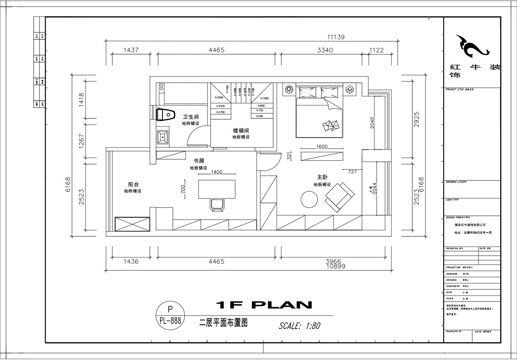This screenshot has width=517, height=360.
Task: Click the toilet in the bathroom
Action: tap(166, 115)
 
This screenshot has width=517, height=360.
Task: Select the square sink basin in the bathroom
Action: tap(163, 137)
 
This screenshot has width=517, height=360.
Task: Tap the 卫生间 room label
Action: tap(190, 117)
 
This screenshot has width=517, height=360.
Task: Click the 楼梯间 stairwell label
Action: tap(241, 130)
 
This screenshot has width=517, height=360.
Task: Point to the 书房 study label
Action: tap(199, 161)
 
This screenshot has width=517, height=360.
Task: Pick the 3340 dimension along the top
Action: tap(325, 50)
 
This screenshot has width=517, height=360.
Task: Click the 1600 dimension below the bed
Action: tap(322, 146)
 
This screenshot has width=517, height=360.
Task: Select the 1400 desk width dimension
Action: tap(217, 172)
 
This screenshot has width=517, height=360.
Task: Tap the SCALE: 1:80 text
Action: tap(299, 326)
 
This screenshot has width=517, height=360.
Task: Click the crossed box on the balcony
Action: tap(132, 225)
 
